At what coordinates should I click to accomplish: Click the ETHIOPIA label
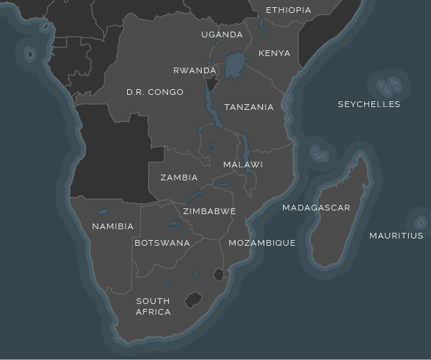tap(288, 10)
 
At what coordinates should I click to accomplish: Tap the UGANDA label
tap(222, 34)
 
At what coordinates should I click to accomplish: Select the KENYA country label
tap(274, 53)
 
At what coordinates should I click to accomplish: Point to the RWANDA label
tap(195, 70)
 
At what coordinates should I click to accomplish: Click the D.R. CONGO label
tap(154, 92)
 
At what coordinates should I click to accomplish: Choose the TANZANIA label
tap(249, 107)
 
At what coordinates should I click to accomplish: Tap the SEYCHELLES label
tap(369, 104)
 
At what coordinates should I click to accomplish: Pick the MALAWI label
tap(243, 165)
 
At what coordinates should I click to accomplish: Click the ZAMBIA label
tap(179, 177)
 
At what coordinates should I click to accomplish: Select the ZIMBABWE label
tap(209, 211)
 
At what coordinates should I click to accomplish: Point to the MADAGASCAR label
tap(316, 208)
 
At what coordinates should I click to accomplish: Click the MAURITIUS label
tap(396, 236)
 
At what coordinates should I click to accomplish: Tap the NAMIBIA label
tap(113, 226)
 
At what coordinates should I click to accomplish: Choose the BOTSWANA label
tap(162, 243)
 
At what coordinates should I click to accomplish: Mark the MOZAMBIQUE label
tap(261, 243)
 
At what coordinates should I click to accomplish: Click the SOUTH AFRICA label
tap(153, 306)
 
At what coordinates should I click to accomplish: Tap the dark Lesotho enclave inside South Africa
tap(193, 300)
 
